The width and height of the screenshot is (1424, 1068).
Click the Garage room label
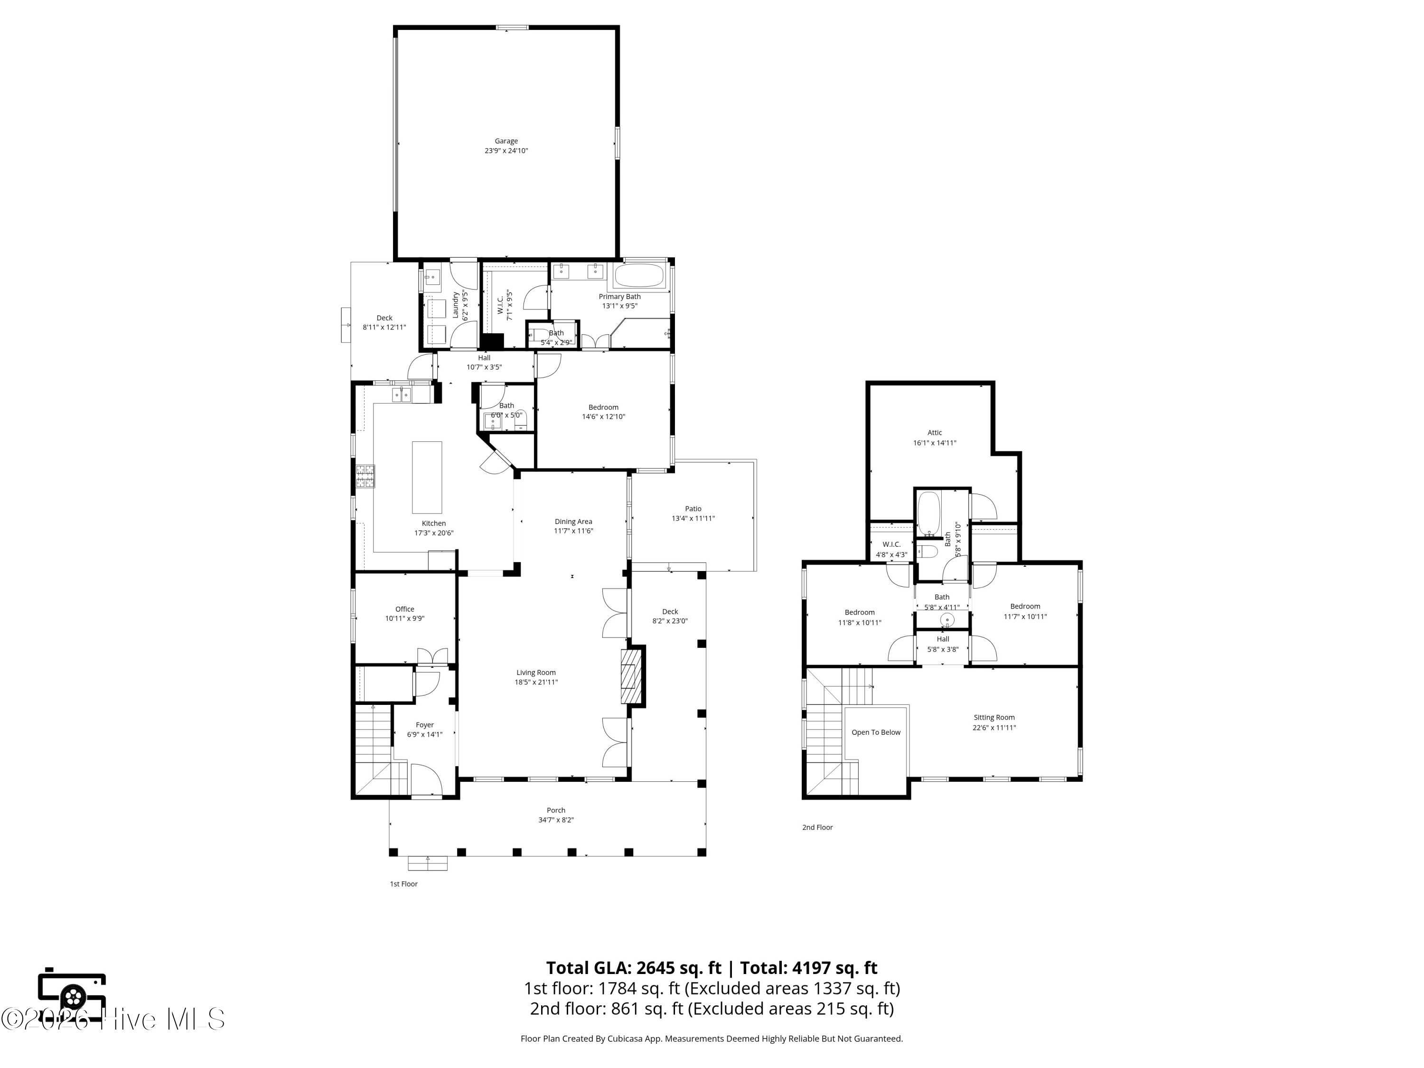point(506,141)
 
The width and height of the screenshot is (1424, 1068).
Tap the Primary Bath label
point(619,297)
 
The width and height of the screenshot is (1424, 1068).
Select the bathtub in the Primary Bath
point(638,275)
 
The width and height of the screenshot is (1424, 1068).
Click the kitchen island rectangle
point(427,477)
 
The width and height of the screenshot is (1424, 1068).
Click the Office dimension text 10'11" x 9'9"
point(405,618)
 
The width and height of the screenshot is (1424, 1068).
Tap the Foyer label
point(425,725)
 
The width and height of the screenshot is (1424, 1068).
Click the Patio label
point(693,508)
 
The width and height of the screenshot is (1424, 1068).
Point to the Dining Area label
point(573,522)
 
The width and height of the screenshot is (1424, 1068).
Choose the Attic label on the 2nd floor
point(935,432)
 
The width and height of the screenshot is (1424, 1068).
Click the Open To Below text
point(876,732)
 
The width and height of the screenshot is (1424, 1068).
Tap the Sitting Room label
point(994,717)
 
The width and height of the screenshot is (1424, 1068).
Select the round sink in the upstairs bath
point(947,620)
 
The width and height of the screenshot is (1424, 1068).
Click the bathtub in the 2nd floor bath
point(928,513)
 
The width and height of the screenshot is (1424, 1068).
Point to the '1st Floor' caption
point(403,884)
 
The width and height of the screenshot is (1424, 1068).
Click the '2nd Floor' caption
point(817,827)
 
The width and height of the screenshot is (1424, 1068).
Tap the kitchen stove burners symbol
point(366,477)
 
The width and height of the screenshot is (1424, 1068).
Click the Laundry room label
point(455,305)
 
